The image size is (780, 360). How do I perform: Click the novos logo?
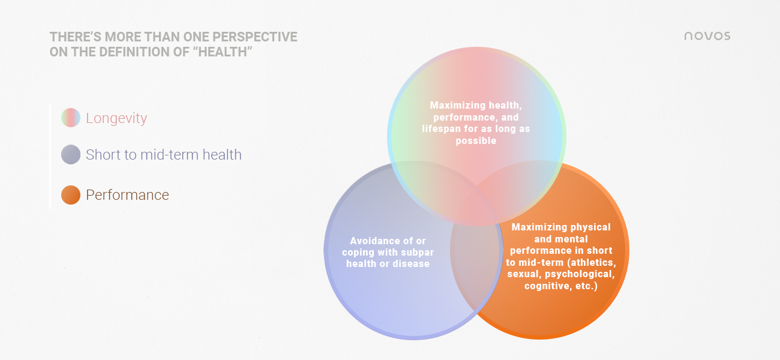707,36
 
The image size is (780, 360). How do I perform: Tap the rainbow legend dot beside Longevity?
71,118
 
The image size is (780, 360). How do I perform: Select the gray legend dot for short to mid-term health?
71,154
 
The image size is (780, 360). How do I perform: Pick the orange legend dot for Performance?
71,195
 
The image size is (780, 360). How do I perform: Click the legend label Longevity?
116,118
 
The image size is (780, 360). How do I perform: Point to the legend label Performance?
127,195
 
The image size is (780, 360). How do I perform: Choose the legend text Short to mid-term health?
164,155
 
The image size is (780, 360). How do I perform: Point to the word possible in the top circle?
476,141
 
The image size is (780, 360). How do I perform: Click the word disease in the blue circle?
411,264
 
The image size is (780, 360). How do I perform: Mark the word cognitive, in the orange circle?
547,286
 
